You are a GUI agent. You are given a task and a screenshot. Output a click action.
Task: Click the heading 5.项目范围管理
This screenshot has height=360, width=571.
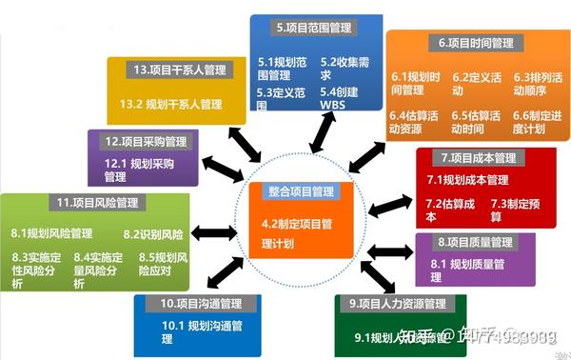[312, 29]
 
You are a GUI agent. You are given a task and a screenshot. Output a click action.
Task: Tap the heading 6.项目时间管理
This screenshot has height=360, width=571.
[477, 43]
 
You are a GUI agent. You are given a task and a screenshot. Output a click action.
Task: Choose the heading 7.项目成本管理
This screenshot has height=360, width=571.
[478, 157]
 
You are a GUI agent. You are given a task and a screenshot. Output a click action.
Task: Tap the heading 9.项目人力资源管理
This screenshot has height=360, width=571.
[398, 304]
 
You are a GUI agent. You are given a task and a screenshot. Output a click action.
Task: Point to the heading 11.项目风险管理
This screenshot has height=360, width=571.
[98, 203]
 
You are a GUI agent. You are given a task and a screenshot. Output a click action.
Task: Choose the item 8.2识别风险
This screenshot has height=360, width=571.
[152, 232]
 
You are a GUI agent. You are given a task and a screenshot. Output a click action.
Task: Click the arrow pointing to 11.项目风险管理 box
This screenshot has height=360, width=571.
[213, 232]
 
